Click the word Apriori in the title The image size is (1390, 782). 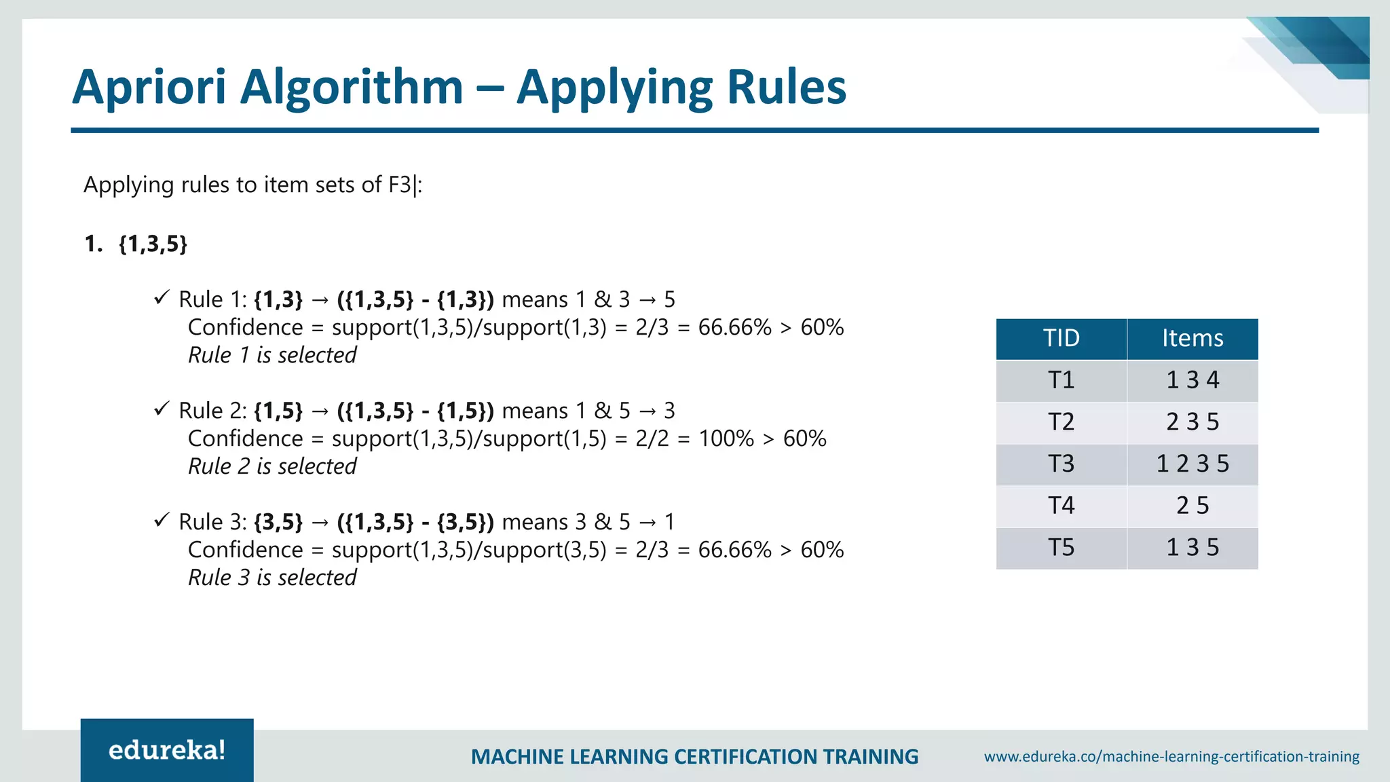[149, 88]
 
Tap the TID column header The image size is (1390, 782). [1062, 338]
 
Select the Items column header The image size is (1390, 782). [1192, 338]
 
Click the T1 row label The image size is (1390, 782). [1062, 380]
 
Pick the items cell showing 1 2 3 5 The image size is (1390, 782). [1192, 464]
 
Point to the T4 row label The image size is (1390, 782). [1062, 506]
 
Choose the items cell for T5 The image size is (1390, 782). [1192, 548]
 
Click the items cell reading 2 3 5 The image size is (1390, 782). [1192, 422]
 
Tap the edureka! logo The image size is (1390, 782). [167, 750]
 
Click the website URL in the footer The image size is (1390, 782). [1171, 757]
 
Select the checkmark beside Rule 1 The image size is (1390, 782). [161, 297]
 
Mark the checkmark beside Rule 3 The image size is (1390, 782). [161, 520]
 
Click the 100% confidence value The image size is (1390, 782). [726, 439]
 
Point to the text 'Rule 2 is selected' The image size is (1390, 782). [272, 467]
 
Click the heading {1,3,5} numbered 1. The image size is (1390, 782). [153, 244]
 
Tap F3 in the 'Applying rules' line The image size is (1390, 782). [399, 185]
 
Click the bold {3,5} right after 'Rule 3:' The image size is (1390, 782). [278, 522]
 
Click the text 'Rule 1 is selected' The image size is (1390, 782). [272, 356]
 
